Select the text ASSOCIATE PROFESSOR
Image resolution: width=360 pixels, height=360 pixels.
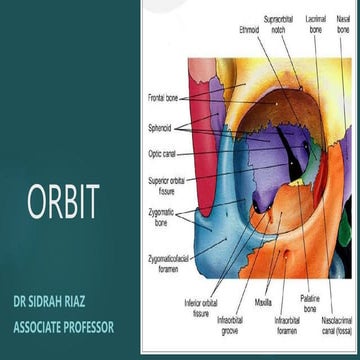(64, 327)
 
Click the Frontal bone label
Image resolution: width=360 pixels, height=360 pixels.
(164, 100)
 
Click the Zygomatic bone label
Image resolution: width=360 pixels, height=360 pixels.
(162, 216)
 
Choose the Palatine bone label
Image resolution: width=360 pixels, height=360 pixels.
(309, 302)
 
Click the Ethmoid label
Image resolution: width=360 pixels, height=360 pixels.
(249, 30)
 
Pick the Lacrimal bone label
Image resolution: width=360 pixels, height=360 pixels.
(316, 23)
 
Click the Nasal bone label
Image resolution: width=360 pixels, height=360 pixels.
(343, 23)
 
